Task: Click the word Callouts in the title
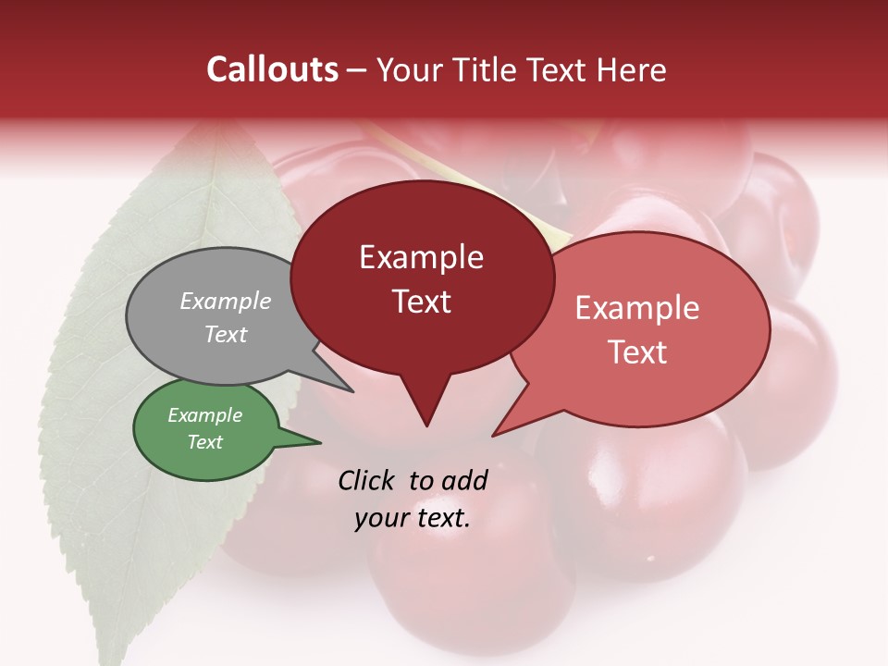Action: [272, 69]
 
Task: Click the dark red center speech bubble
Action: [422, 277]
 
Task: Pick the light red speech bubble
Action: [647, 328]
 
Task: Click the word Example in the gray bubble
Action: [225, 302]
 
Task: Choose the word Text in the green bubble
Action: [205, 442]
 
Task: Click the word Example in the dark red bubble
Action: [421, 257]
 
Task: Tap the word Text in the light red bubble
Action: [638, 352]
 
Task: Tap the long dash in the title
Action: [358, 70]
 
